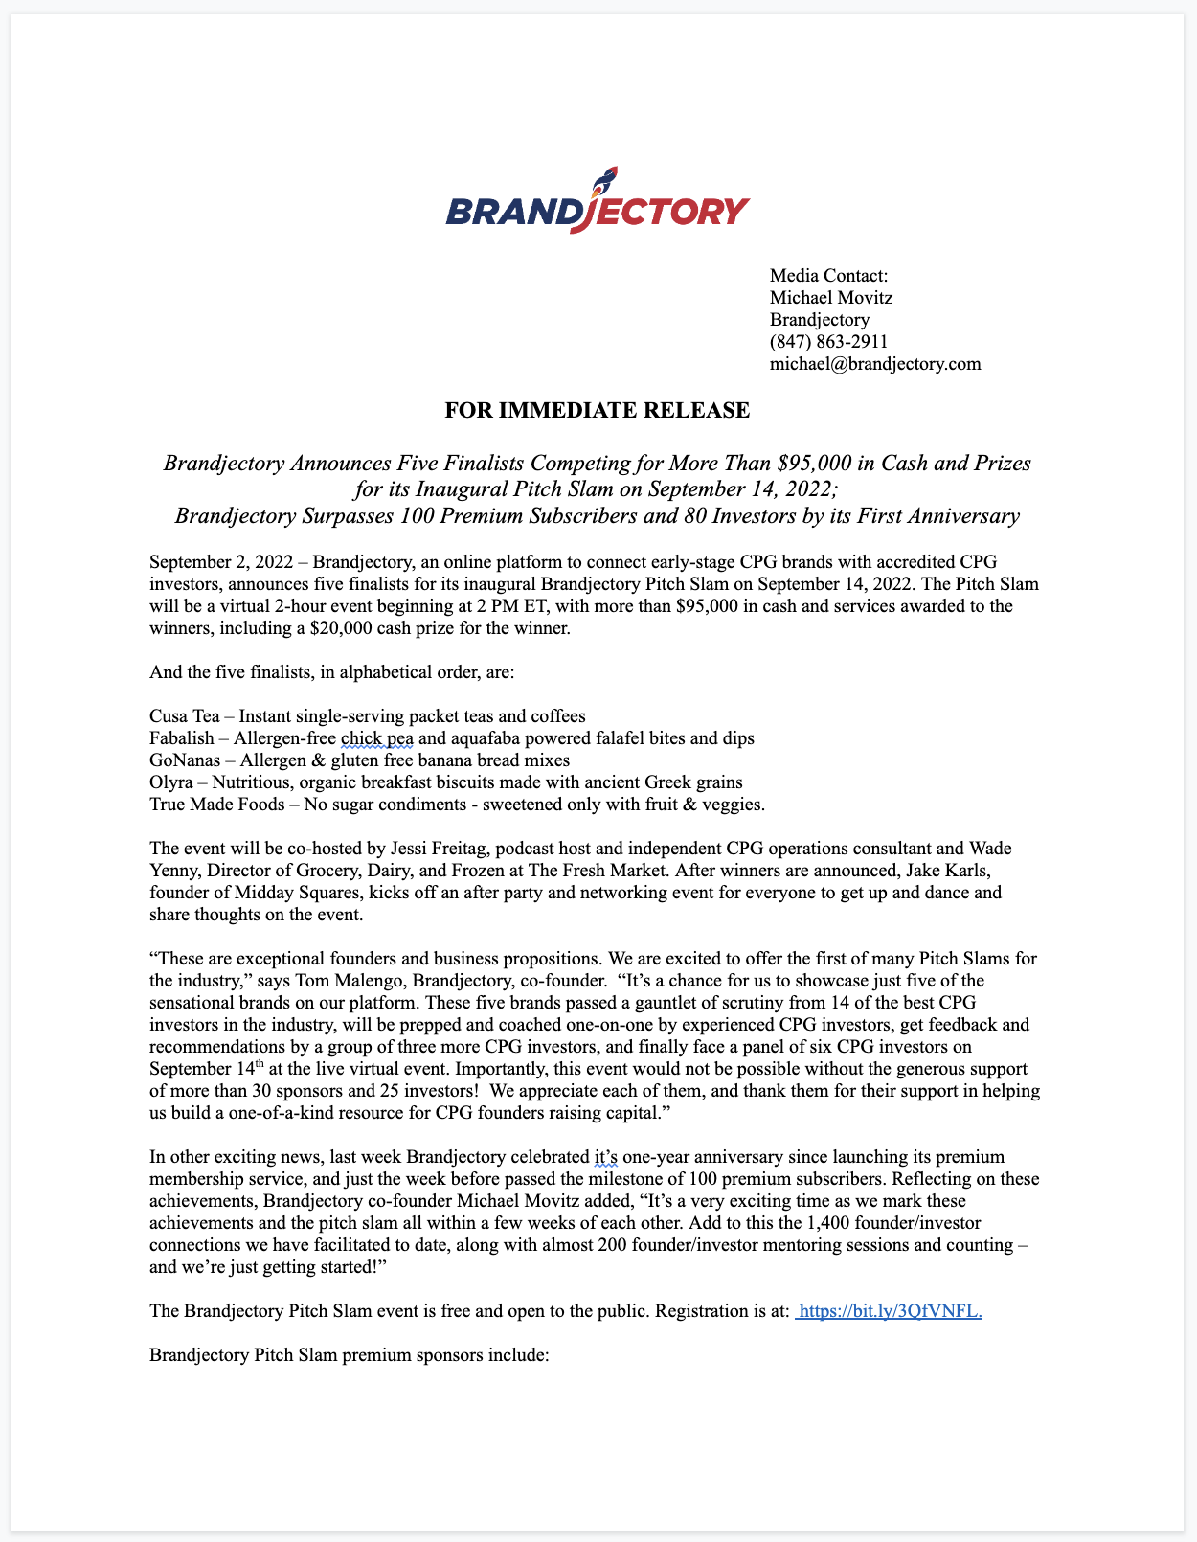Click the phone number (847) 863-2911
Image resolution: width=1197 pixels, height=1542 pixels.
coord(828,342)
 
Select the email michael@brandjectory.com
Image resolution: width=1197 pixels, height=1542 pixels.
coord(875,364)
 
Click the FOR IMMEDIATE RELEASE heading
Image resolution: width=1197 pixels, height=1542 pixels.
coord(598,412)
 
